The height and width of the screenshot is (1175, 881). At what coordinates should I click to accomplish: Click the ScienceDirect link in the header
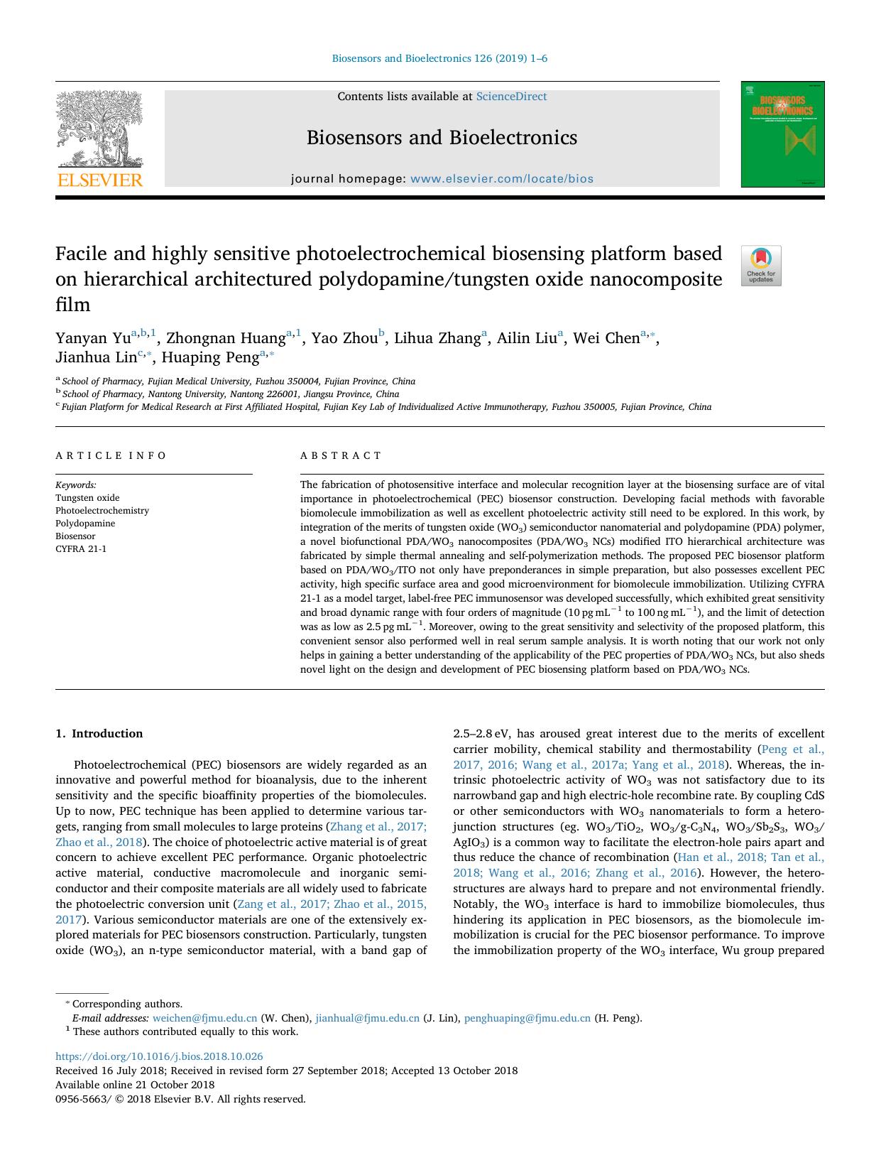click(511, 97)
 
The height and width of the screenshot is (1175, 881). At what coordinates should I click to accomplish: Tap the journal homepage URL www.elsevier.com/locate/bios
click(502, 179)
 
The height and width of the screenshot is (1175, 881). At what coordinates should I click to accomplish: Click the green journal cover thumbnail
click(782, 134)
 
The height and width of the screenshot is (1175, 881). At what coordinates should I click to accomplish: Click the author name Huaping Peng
click(210, 357)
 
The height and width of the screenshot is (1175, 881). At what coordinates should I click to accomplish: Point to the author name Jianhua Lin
click(96, 357)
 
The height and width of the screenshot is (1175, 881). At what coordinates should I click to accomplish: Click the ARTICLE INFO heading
click(111, 455)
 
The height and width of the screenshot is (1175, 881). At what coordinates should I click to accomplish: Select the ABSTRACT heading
click(341, 455)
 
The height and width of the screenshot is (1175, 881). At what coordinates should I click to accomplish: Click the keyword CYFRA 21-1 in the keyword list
click(81, 549)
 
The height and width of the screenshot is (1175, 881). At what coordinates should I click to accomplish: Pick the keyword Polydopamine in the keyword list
click(85, 524)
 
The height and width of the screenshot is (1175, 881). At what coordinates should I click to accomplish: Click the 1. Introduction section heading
click(99, 734)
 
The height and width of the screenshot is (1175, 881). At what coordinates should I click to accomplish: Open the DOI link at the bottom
click(159, 1056)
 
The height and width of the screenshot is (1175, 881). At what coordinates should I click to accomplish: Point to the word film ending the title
click(73, 305)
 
